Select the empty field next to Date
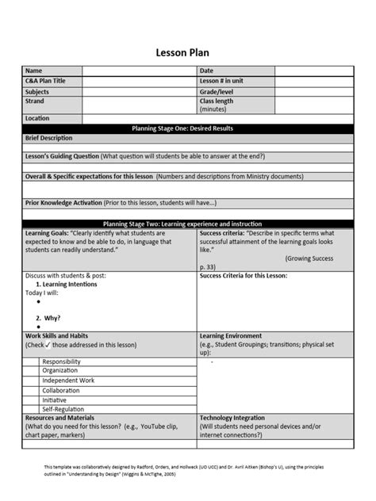click(x=314, y=71)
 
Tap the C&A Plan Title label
click(x=45, y=81)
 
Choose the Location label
click(x=37, y=118)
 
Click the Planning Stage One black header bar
click(x=187, y=128)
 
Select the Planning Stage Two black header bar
click(x=187, y=224)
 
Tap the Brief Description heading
click(x=48, y=138)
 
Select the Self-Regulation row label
click(x=63, y=409)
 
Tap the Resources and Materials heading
click(x=60, y=418)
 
